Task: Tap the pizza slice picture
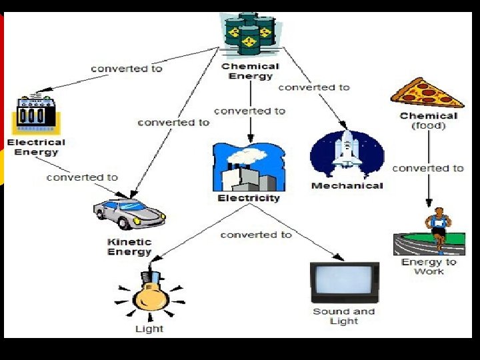click(427, 93)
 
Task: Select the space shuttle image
click(347, 155)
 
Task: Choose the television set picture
click(345, 283)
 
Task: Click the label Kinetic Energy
click(129, 247)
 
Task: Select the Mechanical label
click(347, 185)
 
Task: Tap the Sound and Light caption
click(344, 316)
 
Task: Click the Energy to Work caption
click(429, 267)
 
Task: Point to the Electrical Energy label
click(36, 147)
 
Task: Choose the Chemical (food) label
click(429, 120)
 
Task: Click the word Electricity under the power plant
click(249, 198)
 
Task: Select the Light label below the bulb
click(149, 329)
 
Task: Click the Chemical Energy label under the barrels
click(250, 71)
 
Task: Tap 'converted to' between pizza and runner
click(427, 168)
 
